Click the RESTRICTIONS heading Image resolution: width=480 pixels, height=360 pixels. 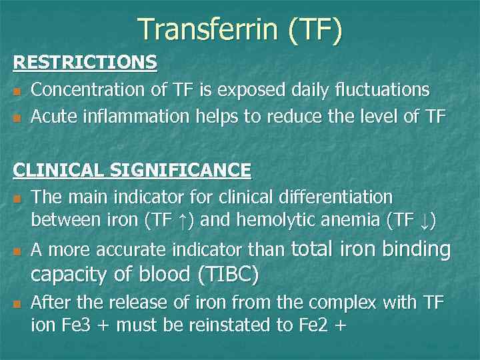coord(85,62)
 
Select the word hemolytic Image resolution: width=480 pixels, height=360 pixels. coord(289,220)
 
